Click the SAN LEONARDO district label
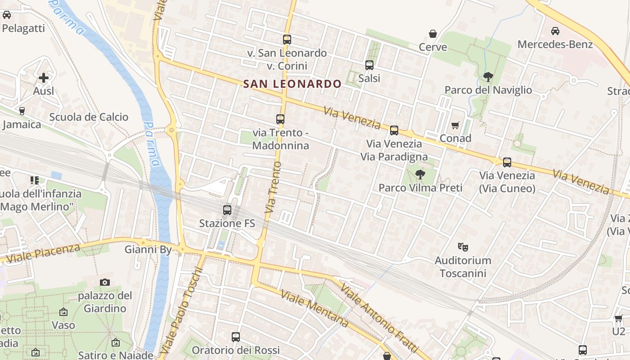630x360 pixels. pyautogui.click(x=292, y=84)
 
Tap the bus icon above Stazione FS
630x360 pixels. pyautogui.click(x=227, y=210)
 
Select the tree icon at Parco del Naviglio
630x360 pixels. pyautogui.click(x=488, y=77)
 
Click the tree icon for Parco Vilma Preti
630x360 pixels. pyautogui.click(x=420, y=174)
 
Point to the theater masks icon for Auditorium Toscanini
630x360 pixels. pyautogui.click(x=463, y=247)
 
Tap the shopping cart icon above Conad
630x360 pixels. pyautogui.click(x=455, y=125)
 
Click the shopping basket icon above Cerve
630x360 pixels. pyautogui.click(x=433, y=34)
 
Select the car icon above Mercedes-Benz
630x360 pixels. pyautogui.click(x=555, y=31)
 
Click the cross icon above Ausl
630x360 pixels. pyautogui.click(x=44, y=78)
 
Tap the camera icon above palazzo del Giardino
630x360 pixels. pyautogui.click(x=105, y=282)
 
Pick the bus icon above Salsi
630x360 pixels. pyautogui.click(x=369, y=65)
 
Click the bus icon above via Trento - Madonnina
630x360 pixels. pyautogui.click(x=280, y=119)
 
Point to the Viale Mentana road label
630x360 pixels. pyautogui.click(x=315, y=308)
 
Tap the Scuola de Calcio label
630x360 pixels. pyautogui.click(x=89, y=117)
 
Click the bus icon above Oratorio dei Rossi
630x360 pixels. pyautogui.click(x=235, y=337)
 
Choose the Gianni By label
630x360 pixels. pyautogui.click(x=148, y=249)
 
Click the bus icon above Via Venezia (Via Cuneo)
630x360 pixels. pyautogui.click(x=507, y=162)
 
